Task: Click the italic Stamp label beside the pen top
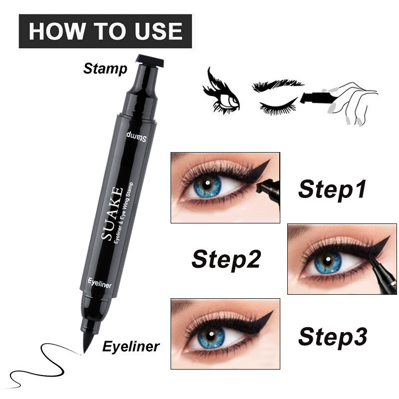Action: click(x=105, y=69)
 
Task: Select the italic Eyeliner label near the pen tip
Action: click(x=131, y=347)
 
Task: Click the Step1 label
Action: click(x=332, y=190)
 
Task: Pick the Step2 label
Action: click(x=226, y=260)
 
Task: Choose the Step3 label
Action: click(x=332, y=337)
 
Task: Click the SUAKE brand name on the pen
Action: click(x=112, y=213)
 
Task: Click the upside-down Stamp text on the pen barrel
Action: click(x=136, y=137)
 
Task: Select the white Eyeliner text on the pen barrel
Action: click(x=99, y=283)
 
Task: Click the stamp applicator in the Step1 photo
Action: click(x=268, y=187)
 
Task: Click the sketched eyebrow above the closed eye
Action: click(x=277, y=86)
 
